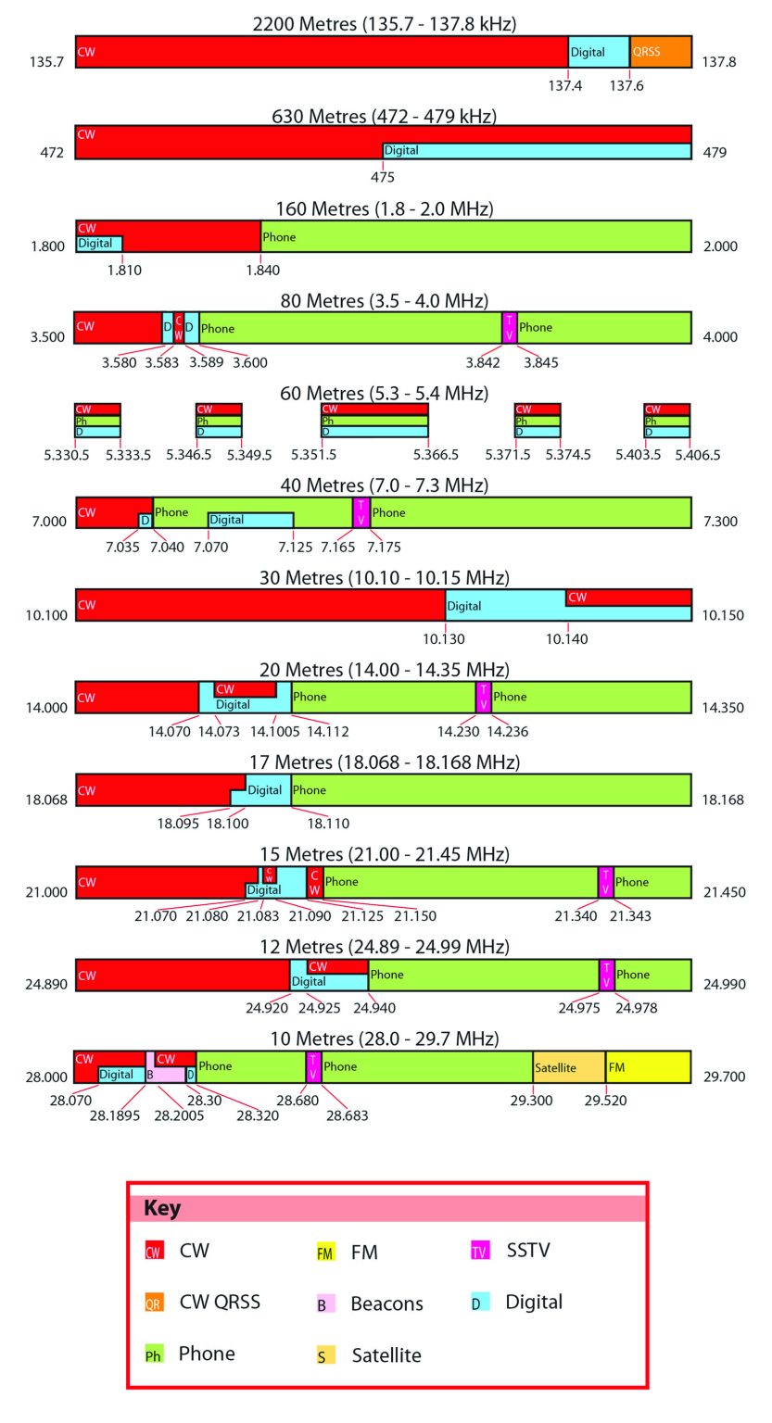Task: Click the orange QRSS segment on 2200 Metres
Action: [660, 52]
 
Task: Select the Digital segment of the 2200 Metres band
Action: [598, 52]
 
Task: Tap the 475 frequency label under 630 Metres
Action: [383, 177]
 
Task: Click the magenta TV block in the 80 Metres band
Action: [509, 327]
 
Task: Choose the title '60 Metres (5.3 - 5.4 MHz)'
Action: [384, 394]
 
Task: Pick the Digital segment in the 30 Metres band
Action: [505, 606]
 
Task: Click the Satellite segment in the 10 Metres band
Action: [568, 1067]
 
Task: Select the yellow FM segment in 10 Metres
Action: [648, 1067]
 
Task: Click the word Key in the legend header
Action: [162, 1209]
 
